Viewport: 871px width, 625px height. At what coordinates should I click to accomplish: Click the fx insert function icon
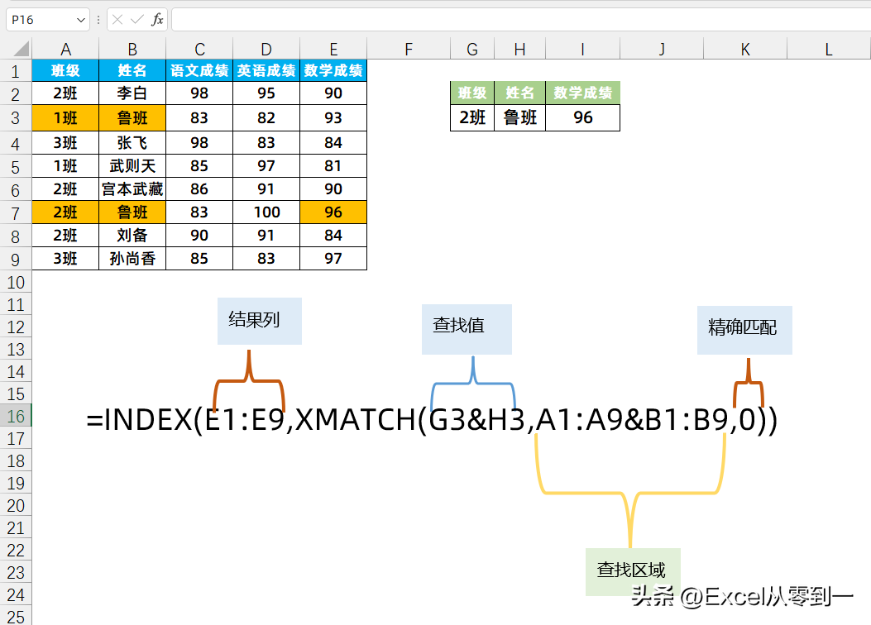point(157,20)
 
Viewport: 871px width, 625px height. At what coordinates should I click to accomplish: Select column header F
point(409,49)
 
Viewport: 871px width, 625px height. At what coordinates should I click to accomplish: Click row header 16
point(16,416)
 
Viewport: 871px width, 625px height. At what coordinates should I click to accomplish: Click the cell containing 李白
point(132,93)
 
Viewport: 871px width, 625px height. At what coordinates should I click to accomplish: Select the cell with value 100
point(266,212)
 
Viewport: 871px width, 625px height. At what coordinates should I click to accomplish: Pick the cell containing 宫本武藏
point(132,188)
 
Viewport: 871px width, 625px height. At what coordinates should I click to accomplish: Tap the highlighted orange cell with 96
point(333,212)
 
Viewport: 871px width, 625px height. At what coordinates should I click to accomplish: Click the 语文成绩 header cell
point(199,70)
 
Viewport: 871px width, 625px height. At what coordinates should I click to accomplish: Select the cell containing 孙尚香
point(132,258)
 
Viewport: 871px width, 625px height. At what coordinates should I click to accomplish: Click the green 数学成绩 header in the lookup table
point(582,93)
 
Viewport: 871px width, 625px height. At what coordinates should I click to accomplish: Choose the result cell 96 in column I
point(582,117)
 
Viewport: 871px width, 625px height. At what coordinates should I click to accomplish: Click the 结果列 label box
point(260,321)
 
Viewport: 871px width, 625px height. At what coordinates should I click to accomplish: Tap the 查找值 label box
point(467,329)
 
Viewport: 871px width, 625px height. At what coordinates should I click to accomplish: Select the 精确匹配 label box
point(744,330)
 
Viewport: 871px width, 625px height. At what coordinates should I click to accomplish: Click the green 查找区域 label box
point(633,572)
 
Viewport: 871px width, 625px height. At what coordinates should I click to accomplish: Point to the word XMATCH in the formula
point(356,420)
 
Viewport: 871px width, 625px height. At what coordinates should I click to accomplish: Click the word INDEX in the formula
point(148,420)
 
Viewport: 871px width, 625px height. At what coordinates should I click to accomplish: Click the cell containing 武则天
point(132,166)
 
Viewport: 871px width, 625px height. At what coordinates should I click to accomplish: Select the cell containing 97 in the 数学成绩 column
point(333,258)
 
